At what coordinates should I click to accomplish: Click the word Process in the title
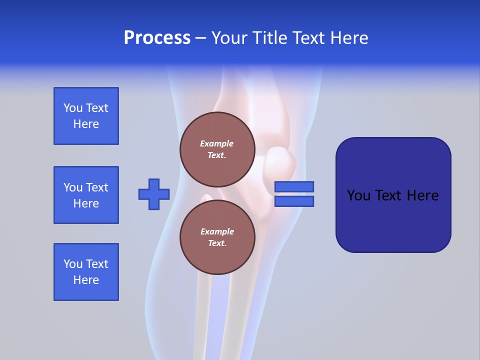pyautogui.click(x=157, y=38)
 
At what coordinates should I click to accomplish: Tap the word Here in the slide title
pyautogui.click(x=349, y=38)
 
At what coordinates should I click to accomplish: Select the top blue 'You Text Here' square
pyautogui.click(x=86, y=116)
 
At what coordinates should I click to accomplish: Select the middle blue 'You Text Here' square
pyautogui.click(x=86, y=195)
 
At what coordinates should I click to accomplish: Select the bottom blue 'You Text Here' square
pyautogui.click(x=86, y=272)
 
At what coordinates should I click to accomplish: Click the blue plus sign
pyautogui.click(x=154, y=194)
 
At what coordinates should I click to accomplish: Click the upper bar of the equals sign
pyautogui.click(x=294, y=186)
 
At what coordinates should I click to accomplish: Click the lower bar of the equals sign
pyautogui.click(x=294, y=201)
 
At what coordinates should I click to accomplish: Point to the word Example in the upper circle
pyautogui.click(x=217, y=143)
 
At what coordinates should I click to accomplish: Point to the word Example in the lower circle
pyautogui.click(x=217, y=231)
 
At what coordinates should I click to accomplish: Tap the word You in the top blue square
pyautogui.click(x=73, y=108)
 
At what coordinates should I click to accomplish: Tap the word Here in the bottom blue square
pyautogui.click(x=86, y=280)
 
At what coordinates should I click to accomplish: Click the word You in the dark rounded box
pyautogui.click(x=358, y=195)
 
